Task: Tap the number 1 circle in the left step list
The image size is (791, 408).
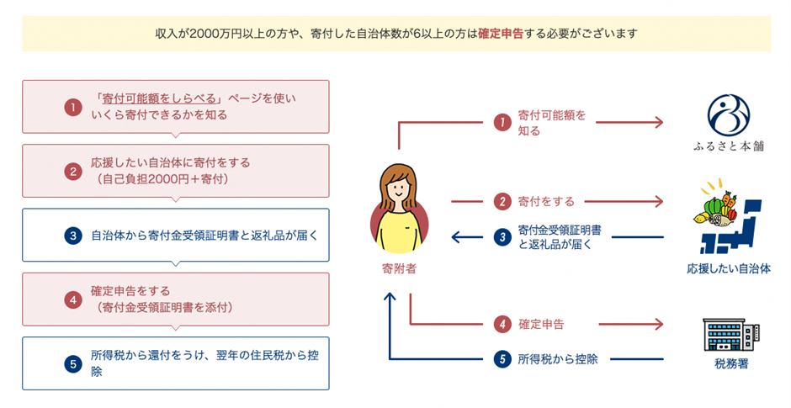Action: click(x=72, y=107)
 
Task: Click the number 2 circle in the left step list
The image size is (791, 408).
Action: click(x=72, y=171)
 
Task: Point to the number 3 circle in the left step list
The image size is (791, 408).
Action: click(x=72, y=236)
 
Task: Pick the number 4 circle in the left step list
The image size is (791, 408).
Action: click(x=72, y=299)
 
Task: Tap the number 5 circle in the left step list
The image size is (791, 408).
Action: click(x=72, y=363)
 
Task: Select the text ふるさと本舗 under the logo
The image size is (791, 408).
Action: click(x=729, y=146)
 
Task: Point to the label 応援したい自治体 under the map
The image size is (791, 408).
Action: click(x=729, y=269)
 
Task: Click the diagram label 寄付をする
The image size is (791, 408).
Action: click(x=546, y=202)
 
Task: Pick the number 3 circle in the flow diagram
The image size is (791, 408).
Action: click(x=502, y=237)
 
